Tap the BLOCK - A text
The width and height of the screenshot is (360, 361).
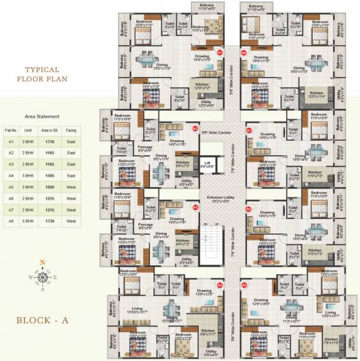[42, 320]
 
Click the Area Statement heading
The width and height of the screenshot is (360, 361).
[42, 116]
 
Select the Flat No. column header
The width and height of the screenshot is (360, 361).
[11, 129]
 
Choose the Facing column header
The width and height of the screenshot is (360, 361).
[71, 129]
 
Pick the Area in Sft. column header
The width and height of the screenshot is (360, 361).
[49, 129]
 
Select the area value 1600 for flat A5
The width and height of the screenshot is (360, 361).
[49, 187]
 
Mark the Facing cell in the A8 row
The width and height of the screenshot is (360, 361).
[71, 221]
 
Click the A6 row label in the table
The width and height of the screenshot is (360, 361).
[11, 198]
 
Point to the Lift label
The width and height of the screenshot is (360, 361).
[206, 162]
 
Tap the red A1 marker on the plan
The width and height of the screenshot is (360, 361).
[220, 53]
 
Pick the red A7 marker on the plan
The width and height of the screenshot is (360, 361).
[249, 130]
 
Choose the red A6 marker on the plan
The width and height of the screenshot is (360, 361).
[248, 208]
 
